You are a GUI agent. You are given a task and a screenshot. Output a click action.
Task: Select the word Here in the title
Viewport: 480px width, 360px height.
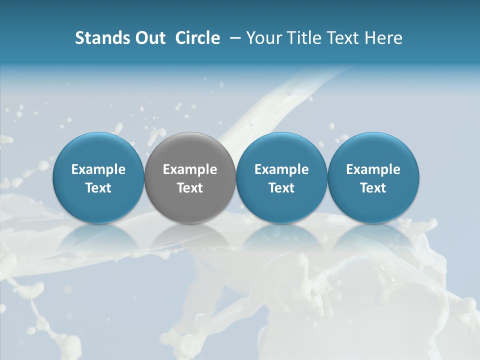(382, 38)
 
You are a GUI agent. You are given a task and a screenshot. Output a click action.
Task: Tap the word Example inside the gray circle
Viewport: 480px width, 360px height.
(190, 169)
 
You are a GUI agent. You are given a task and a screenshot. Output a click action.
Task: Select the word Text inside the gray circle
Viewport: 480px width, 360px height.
(190, 188)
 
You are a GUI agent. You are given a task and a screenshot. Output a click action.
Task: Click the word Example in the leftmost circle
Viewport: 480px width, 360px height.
(98, 169)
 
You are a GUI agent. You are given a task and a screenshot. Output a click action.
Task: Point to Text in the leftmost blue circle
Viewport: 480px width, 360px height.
(98, 188)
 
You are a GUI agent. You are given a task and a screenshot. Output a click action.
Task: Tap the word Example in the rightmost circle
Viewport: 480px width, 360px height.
(373, 169)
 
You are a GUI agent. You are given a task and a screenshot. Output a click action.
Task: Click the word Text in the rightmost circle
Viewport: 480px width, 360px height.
(373, 188)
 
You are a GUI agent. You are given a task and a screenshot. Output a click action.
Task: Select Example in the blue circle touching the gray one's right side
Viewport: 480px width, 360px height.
(281, 169)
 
